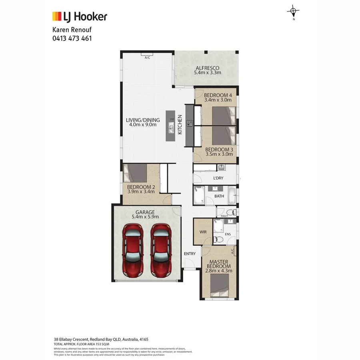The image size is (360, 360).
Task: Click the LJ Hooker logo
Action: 80,16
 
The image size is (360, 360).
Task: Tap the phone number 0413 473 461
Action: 73,38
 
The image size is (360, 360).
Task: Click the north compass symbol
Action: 294,12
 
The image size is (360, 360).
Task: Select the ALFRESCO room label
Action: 207,68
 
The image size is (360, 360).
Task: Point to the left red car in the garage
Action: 133,250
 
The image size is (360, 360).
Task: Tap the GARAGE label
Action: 145,212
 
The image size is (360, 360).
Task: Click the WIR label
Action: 202,232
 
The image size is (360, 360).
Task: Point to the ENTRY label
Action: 190,254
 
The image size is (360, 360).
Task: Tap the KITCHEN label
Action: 180,124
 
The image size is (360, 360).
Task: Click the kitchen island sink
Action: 171,129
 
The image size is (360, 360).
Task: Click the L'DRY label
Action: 218,178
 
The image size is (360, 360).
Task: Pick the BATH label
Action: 219,196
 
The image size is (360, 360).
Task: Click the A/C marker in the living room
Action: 147,58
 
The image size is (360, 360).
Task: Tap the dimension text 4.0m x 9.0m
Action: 143,125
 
